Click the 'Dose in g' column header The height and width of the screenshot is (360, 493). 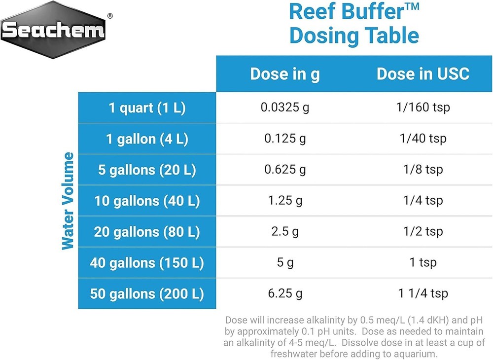pos(285,74)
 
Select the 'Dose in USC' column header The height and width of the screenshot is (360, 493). pos(423,74)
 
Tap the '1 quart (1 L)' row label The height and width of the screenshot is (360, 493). pos(147,108)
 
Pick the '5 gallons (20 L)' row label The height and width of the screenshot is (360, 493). pos(147,170)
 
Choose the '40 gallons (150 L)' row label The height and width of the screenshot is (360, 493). pos(147,263)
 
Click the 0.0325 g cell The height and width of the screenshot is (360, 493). pos(285,107)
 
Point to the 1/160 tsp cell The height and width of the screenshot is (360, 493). pos(423,107)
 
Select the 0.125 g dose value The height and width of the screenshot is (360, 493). pos(285,138)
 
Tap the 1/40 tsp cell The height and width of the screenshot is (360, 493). pos(423,138)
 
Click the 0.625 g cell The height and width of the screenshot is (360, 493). pos(285,170)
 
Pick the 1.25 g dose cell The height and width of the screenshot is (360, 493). pos(285,201)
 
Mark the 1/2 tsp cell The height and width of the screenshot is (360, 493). pos(423,231)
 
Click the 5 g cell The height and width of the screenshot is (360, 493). pos(285,262)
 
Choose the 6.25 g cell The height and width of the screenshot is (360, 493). pos(285,293)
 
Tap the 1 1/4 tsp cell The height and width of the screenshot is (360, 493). pos(423,293)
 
